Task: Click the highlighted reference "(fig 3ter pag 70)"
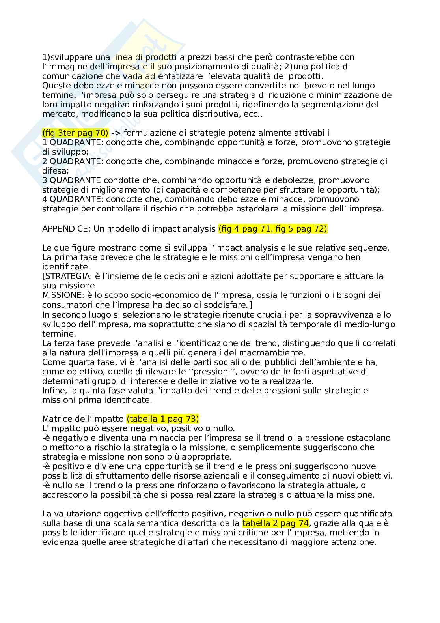[x=75, y=133]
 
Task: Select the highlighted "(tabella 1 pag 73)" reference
[x=163, y=419]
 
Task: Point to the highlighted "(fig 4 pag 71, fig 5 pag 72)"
[x=272, y=228]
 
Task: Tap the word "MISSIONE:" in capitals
[x=62, y=295]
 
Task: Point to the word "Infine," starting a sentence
[x=54, y=390]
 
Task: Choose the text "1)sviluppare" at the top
[x=65, y=57]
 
